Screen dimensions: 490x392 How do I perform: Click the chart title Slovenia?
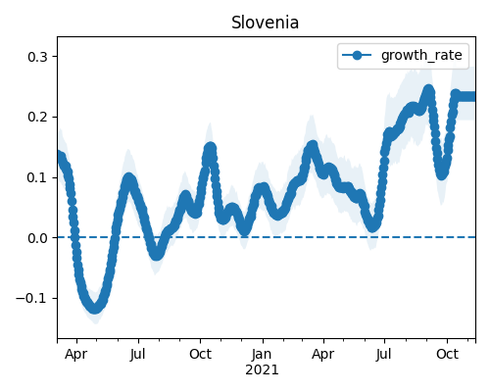(x=265, y=23)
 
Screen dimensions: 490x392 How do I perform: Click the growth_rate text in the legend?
(x=421, y=56)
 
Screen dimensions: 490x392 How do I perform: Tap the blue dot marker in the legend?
(x=357, y=56)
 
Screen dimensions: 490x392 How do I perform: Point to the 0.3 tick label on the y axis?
(x=37, y=57)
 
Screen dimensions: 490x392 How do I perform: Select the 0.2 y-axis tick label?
(x=37, y=117)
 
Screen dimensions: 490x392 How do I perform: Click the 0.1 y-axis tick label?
(x=37, y=177)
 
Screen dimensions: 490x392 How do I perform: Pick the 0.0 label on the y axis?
(x=37, y=238)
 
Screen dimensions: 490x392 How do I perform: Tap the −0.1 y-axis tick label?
(x=31, y=298)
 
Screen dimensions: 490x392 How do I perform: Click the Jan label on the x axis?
(x=262, y=354)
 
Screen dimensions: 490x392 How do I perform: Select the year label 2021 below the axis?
(x=262, y=370)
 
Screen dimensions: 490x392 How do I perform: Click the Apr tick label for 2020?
(x=75, y=355)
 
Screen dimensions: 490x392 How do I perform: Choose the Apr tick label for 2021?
(x=322, y=355)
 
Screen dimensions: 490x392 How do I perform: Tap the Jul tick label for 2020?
(x=137, y=354)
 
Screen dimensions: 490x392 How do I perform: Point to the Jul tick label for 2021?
(x=383, y=354)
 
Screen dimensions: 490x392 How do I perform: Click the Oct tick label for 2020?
(x=200, y=354)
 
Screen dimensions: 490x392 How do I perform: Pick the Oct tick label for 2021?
(x=447, y=354)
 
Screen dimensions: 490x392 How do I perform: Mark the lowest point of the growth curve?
(x=94, y=308)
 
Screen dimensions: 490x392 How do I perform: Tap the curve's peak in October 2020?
(x=210, y=149)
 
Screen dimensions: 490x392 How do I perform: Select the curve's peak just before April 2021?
(x=312, y=147)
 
